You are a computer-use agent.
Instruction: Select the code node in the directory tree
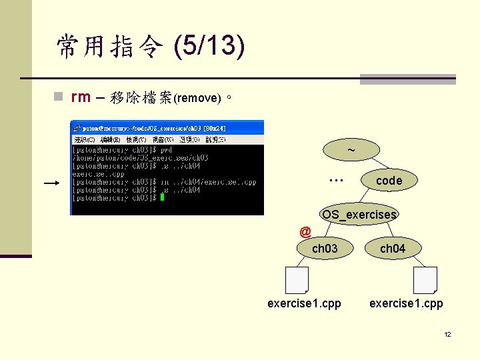[x=389, y=181]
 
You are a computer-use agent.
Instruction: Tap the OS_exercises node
[x=359, y=215]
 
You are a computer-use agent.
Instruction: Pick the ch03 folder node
[x=325, y=249]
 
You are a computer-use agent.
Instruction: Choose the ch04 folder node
[x=392, y=249]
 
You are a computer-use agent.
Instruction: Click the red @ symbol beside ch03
[x=305, y=232]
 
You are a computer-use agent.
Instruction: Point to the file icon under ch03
[x=297, y=280]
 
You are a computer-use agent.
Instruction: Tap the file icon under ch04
[x=425, y=280]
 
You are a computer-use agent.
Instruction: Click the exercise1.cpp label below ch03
[x=304, y=303]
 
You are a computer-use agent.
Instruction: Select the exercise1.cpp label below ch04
[x=406, y=303]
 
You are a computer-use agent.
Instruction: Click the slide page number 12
[x=447, y=334]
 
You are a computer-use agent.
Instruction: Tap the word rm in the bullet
[x=80, y=97]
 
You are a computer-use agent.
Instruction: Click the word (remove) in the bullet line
[x=197, y=98]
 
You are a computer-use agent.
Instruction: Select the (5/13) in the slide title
[x=208, y=47]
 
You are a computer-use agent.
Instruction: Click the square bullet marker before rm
[x=59, y=97]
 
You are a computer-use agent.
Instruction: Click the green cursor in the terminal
[x=161, y=197]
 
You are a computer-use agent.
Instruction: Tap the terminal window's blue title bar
[x=167, y=127]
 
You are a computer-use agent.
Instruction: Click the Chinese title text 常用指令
[x=109, y=47]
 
